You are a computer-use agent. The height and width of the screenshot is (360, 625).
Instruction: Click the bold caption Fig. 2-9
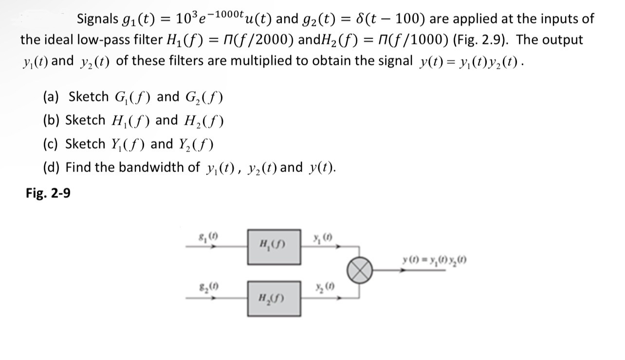click(x=48, y=193)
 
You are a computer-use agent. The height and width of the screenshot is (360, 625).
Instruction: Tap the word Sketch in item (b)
click(x=85, y=120)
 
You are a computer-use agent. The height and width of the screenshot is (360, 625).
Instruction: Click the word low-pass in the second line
click(x=101, y=40)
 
